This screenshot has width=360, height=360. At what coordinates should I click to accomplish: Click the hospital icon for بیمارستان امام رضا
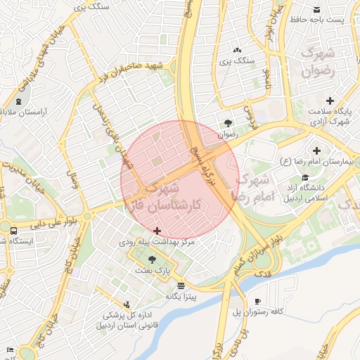[x=316, y=150]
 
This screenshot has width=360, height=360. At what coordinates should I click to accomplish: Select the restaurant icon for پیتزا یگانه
[x=182, y=286]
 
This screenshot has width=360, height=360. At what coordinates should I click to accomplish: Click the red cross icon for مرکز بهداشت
[x=157, y=231]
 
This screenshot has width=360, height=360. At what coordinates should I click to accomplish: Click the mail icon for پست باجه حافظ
[x=317, y=9]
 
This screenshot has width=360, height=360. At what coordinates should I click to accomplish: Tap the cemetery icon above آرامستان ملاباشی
[x=18, y=102]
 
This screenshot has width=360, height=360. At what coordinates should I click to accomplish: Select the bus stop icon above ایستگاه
[x=13, y=230]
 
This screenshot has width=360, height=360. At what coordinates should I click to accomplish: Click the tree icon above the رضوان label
[x=226, y=122]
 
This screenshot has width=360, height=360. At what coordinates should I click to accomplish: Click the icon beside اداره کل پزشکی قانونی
[x=127, y=304]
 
